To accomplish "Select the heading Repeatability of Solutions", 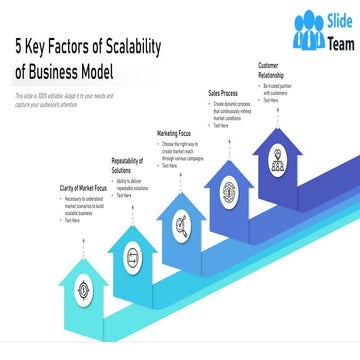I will coord(128,165).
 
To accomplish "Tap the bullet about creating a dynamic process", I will coord(234,111).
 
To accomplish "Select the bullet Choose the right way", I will coord(185,150).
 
